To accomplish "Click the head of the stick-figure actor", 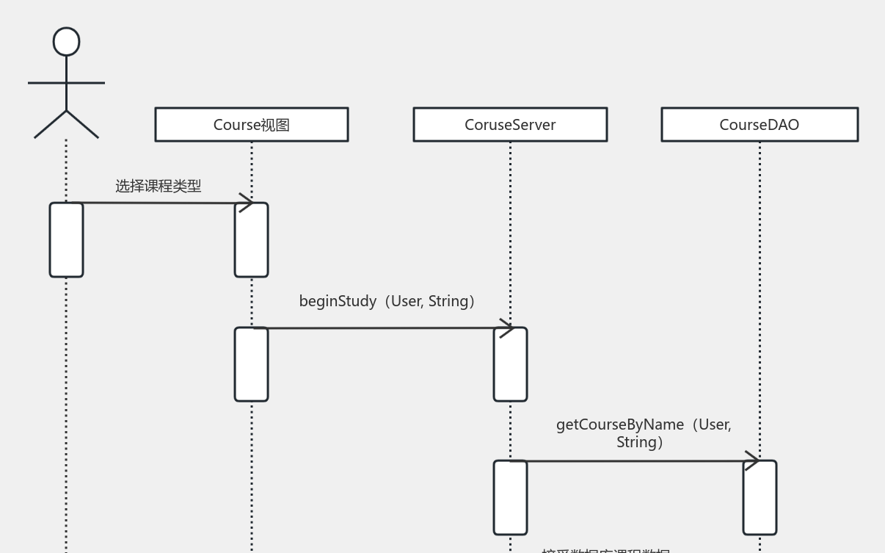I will point(67,42).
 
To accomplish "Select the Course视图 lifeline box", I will point(251,125).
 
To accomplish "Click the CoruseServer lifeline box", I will point(510,125).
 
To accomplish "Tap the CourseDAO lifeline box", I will point(760,125).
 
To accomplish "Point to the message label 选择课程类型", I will point(158,187).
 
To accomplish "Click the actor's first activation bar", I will point(67,240).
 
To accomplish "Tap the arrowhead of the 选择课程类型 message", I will point(247,203).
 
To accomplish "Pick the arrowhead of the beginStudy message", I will point(506,328).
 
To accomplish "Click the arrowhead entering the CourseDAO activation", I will point(751,460).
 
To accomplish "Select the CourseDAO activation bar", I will point(760,498).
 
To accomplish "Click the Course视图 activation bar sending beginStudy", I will point(251,365).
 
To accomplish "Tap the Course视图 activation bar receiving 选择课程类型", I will point(251,240).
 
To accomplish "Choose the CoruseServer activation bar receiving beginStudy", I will point(510,365).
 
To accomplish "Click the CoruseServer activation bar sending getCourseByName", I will point(510,498).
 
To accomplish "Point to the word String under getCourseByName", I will point(636,442).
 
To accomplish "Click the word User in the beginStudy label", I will point(406,301).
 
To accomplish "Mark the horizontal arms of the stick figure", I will point(67,83).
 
